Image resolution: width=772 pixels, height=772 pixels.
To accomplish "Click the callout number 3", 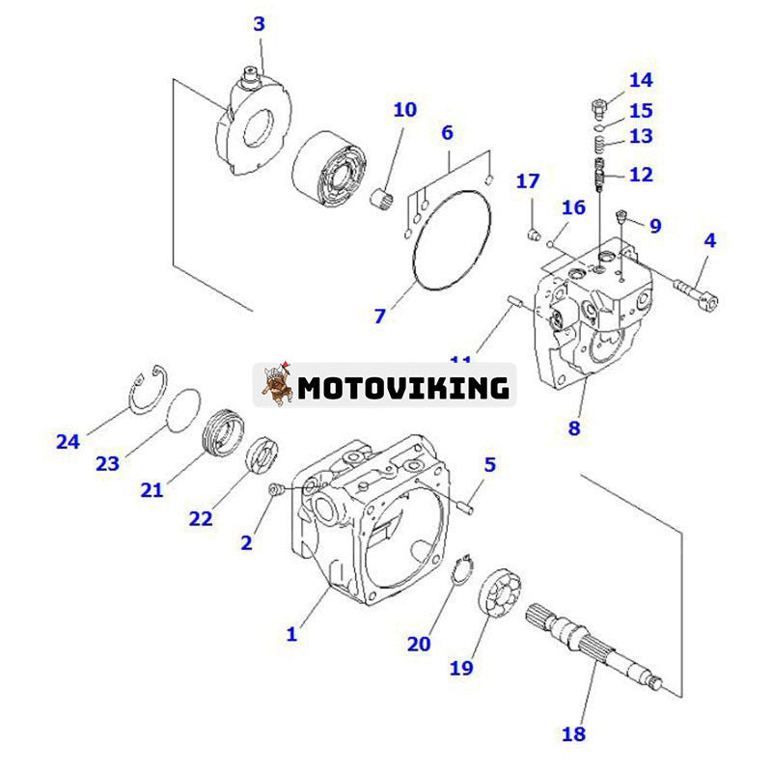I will [x=259, y=24].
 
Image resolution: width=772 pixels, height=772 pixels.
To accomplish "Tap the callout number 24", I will [x=67, y=442].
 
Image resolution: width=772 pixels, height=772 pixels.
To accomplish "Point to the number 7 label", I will [x=380, y=315].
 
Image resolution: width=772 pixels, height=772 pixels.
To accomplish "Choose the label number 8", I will [x=574, y=428].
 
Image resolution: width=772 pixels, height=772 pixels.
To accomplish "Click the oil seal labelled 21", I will [x=226, y=432].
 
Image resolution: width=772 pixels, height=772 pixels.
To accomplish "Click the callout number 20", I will [x=418, y=643].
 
